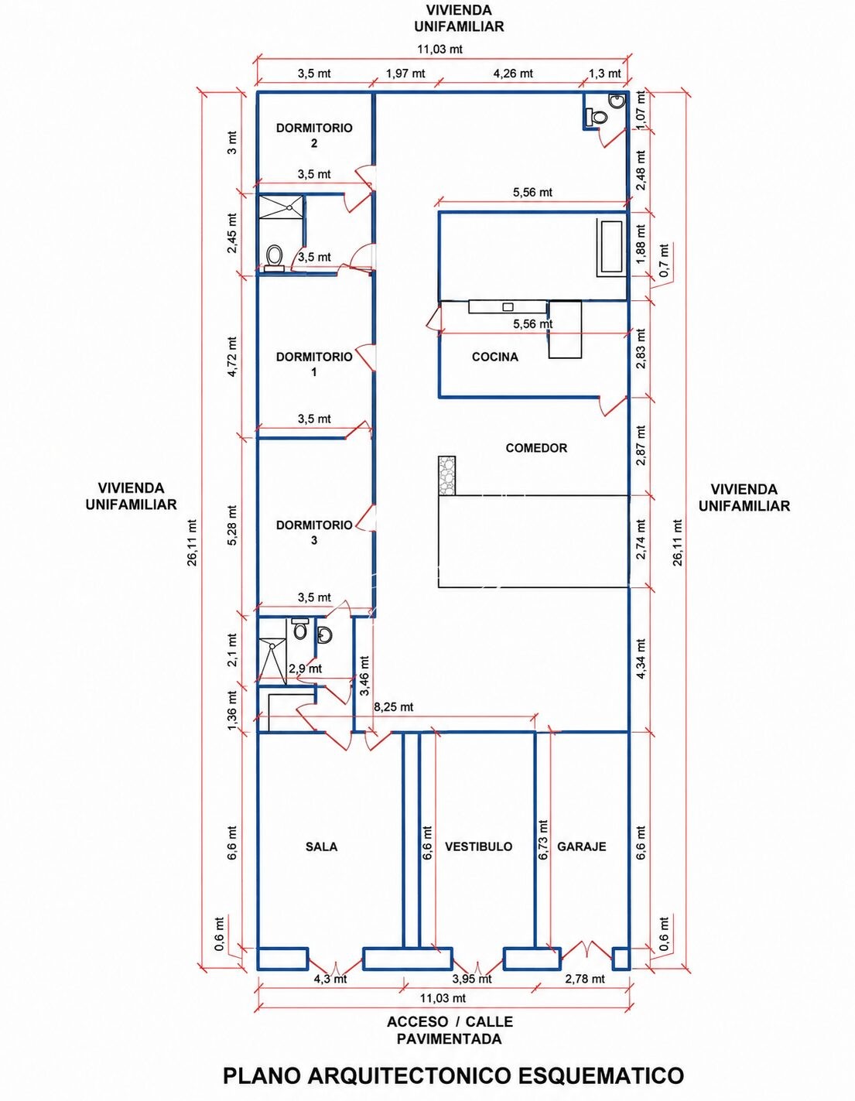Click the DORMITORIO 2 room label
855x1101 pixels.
click(314, 135)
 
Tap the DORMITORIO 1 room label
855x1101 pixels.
click(314, 364)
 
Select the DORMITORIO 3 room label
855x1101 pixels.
click(314, 532)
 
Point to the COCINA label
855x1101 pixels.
click(495, 357)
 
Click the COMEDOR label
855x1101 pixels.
click(536, 448)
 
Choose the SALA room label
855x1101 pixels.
click(322, 846)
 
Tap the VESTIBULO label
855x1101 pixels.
click(479, 846)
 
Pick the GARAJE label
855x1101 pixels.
click(582, 846)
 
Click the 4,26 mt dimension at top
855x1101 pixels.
click(513, 74)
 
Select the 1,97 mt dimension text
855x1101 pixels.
click(405, 74)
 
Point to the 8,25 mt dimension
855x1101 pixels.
click(394, 706)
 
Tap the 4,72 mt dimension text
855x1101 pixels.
click(232, 357)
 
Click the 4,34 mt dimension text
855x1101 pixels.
click(641, 658)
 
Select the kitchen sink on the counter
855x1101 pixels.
click(508, 306)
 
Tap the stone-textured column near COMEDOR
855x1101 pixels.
click(446, 476)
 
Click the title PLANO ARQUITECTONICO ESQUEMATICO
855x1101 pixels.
click(454, 1075)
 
